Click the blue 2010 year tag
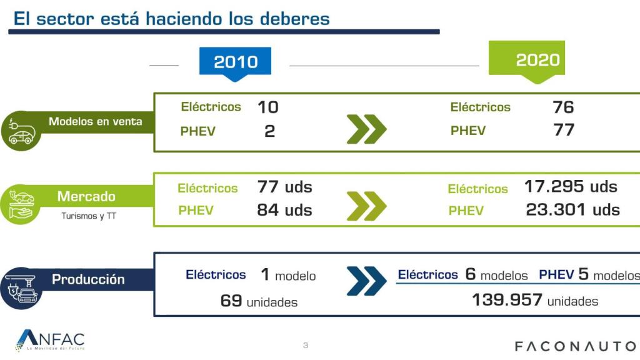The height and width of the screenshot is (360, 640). tap(235, 62)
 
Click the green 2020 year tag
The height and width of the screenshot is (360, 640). tap(537, 60)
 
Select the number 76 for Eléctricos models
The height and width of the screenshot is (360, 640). tap(563, 107)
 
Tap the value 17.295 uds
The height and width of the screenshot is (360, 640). tap(570, 186)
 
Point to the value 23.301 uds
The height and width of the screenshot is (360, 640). tap(572, 209)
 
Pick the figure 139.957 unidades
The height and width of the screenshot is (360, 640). tap(534, 301)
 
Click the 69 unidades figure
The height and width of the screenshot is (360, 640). tap(259, 301)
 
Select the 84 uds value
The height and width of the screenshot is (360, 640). tap(284, 210)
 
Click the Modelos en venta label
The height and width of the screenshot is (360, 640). tap(95, 121)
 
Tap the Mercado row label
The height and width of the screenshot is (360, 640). tap(86, 196)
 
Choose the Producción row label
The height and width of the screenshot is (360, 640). tap(88, 279)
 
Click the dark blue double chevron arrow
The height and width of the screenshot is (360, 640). tap(366, 281)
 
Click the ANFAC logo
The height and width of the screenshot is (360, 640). tap(50, 339)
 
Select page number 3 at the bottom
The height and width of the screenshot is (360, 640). tap(306, 345)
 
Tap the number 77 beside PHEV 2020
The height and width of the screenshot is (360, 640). tap(563, 131)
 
